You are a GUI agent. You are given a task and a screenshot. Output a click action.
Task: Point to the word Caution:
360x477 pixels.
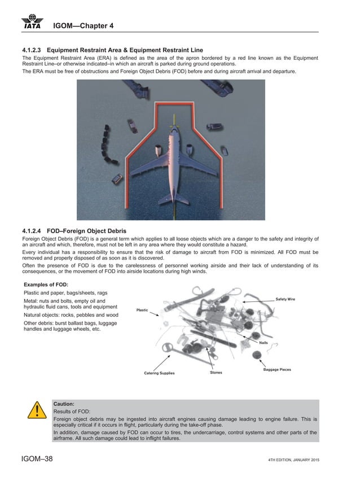tap(64, 404)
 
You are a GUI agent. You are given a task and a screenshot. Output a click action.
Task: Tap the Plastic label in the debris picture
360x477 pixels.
tap(142, 310)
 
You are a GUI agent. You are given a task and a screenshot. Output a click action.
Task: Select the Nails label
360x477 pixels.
tap(263, 343)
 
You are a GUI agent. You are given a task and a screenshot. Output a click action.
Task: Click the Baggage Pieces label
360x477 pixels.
tap(277, 369)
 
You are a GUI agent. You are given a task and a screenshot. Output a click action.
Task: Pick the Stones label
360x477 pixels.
tap(216, 373)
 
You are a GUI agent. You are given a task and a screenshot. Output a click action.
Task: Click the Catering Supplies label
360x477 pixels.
tap(159, 373)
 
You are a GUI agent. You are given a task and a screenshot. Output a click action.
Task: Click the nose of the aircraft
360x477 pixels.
tap(173, 134)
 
